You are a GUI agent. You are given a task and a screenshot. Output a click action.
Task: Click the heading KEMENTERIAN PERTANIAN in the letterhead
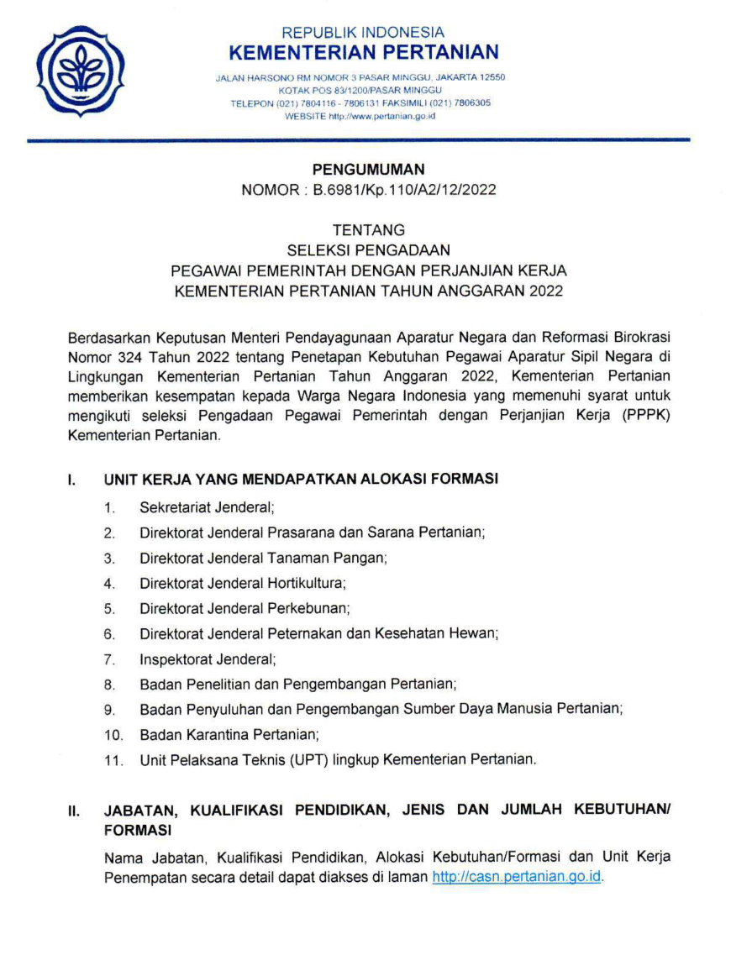click(x=363, y=53)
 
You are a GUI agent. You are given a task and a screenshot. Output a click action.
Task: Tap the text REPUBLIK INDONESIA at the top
click(x=363, y=33)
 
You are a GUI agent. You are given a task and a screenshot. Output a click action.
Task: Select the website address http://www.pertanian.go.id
click(x=379, y=116)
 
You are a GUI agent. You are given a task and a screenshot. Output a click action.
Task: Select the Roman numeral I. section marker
click(x=73, y=480)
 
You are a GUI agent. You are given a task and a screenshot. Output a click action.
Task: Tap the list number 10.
click(x=113, y=735)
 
